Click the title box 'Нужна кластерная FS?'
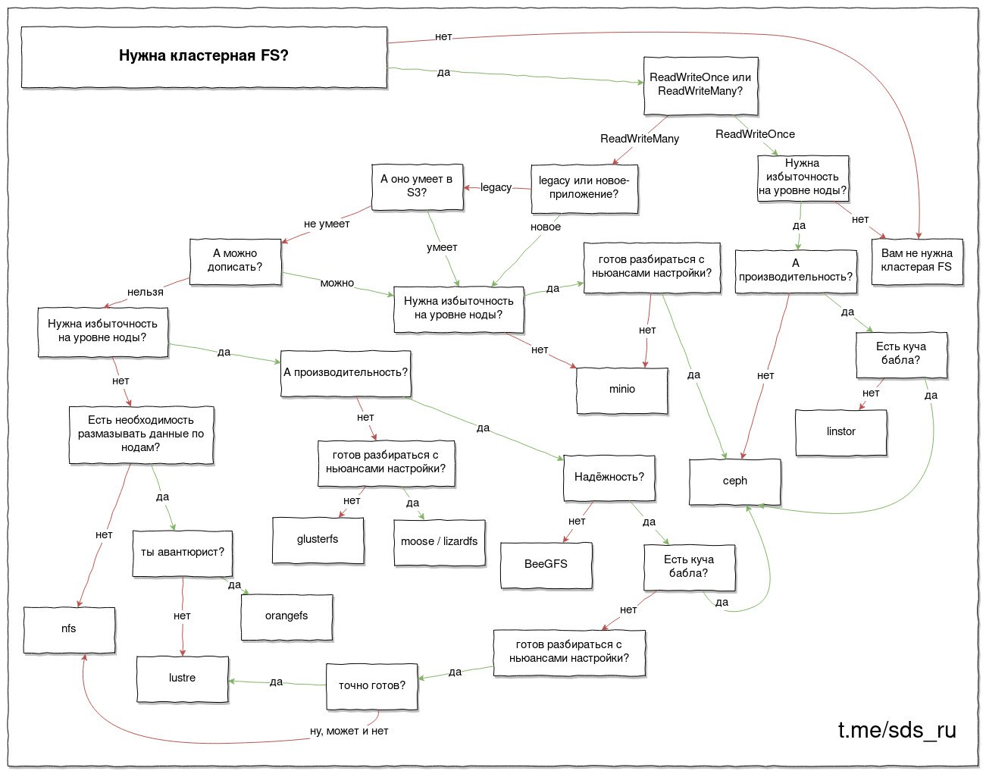click(204, 57)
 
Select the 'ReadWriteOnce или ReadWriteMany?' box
click(700, 86)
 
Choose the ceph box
click(734, 481)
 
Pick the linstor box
click(840, 432)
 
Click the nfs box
click(69, 630)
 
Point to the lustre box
click(183, 679)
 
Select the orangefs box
click(286, 617)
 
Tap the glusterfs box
click(318, 541)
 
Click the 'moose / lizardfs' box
click(440, 543)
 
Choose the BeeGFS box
click(546, 566)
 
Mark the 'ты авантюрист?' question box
click(183, 553)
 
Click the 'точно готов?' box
click(371, 686)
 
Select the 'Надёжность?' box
click(609, 478)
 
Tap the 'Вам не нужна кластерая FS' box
click(917, 262)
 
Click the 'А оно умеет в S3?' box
click(418, 187)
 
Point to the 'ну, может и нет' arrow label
click(349, 731)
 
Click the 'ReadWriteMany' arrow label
click(640, 139)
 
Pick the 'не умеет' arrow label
click(327, 224)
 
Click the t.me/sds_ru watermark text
click(897, 731)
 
